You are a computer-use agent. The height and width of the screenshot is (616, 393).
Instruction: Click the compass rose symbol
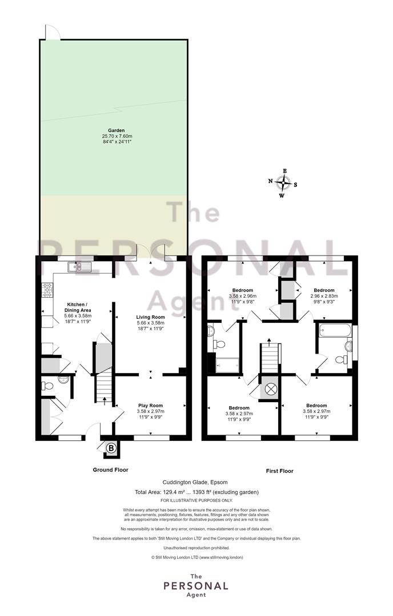click(283, 183)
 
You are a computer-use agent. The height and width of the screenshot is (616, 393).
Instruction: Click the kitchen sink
click(79, 267)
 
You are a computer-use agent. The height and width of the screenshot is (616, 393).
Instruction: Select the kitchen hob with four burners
click(47, 290)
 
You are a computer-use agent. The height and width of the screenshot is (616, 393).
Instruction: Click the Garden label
click(117, 131)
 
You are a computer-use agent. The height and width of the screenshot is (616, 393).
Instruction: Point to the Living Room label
click(151, 317)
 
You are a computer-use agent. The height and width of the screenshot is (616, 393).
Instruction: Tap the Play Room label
click(150, 406)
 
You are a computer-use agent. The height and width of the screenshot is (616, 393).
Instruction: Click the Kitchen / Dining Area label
click(78, 307)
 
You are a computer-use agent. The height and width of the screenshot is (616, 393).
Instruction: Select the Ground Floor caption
click(111, 469)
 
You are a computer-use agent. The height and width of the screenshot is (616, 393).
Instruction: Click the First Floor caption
click(280, 471)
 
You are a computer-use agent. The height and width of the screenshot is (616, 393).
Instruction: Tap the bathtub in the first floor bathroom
click(335, 331)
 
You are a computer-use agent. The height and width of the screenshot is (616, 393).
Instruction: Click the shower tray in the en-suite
click(227, 365)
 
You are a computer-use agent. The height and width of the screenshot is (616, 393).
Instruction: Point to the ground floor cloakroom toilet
click(47, 386)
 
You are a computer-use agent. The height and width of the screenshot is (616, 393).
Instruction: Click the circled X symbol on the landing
click(270, 390)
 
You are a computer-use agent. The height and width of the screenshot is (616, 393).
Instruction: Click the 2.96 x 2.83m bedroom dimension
click(324, 296)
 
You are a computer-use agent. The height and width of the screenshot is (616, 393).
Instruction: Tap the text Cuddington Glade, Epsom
click(195, 482)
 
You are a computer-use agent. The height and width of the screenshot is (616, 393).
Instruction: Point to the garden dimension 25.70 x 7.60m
click(117, 136)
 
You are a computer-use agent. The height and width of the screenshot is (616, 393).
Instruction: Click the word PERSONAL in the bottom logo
click(196, 586)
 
